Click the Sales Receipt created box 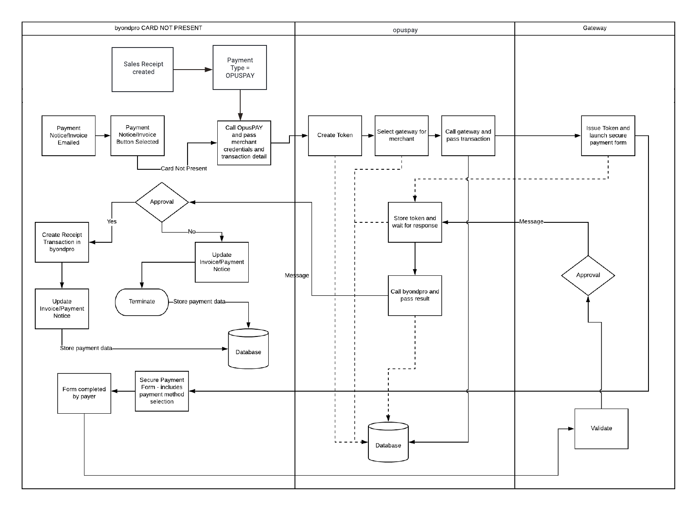point(143,69)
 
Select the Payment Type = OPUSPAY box point(240,67)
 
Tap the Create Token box point(335,135)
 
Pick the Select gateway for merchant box point(401,135)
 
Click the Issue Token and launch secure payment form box point(608,135)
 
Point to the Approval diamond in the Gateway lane point(588,275)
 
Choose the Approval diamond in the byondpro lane point(162,202)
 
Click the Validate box point(601,429)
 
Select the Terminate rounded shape point(142,302)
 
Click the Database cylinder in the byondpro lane point(248,349)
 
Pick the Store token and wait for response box point(415,222)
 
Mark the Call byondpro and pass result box point(415,295)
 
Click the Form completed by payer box point(84,393)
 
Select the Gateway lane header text point(595,28)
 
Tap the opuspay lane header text point(405,30)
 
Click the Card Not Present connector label point(184,169)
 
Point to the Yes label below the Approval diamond point(112,221)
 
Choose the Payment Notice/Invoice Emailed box point(68,135)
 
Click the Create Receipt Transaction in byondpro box point(62,242)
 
